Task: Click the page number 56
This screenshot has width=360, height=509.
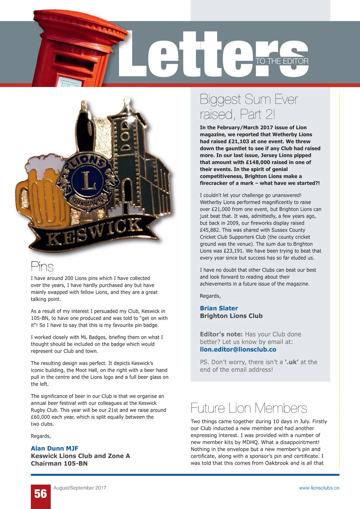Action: click(x=40, y=494)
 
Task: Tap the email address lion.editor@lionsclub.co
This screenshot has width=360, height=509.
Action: click(x=238, y=349)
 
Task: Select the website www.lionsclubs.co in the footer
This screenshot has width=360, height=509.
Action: click(x=319, y=488)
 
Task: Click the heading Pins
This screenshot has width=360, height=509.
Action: click(x=42, y=267)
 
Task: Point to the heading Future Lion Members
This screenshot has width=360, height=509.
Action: click(x=249, y=408)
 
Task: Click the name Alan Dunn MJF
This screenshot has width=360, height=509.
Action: click(x=55, y=448)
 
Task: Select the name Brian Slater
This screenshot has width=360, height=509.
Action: click(x=219, y=308)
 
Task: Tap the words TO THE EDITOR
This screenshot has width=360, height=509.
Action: click(x=282, y=61)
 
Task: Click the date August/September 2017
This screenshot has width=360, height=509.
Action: click(x=80, y=488)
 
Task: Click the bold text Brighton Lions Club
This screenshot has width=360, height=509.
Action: click(x=231, y=316)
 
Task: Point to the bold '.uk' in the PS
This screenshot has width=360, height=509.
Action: click(x=291, y=362)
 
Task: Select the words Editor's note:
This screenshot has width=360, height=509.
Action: click(x=221, y=334)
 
